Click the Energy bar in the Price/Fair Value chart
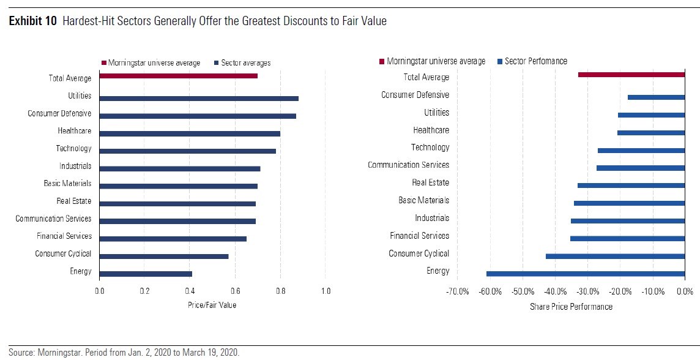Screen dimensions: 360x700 point(146,274)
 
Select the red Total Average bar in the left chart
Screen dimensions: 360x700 point(178,76)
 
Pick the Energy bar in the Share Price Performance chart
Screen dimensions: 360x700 point(586,274)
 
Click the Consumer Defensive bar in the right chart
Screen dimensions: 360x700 point(656,97)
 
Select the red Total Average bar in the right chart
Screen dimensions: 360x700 point(631,75)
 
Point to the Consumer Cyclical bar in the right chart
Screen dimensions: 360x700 point(615,256)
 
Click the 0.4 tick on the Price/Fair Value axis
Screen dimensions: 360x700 point(190,291)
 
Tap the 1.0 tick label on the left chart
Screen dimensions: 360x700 point(326,291)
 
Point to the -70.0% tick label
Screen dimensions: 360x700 point(458,292)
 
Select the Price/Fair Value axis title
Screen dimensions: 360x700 point(212,305)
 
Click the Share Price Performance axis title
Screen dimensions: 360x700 point(571,307)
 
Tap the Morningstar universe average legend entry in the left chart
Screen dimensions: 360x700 point(154,62)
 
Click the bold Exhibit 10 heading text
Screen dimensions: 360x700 point(33,21)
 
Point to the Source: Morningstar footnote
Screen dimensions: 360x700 point(124,352)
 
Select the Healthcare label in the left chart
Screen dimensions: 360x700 point(75,131)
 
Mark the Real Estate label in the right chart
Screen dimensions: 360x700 point(430,182)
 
